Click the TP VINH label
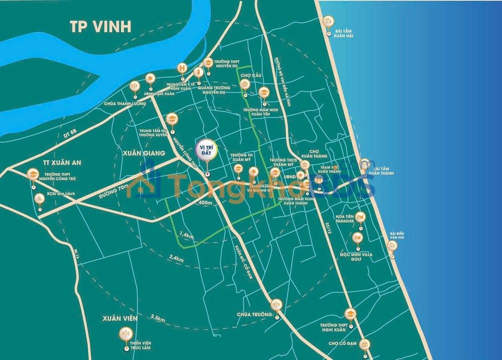(100, 26)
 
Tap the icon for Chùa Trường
(275, 304)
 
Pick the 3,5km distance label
(158, 317)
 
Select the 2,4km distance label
(177, 257)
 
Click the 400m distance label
(205, 203)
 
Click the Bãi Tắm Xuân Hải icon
(328, 22)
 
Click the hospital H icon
(183, 68)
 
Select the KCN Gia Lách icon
(40, 198)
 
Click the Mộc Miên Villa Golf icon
(357, 237)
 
